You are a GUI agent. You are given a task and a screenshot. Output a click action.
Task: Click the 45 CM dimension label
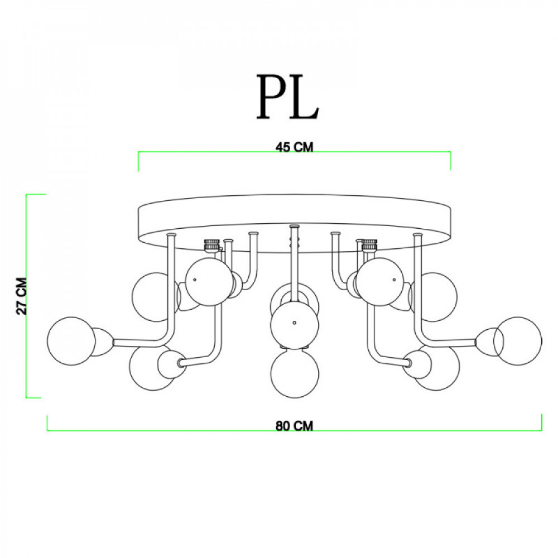[294, 147]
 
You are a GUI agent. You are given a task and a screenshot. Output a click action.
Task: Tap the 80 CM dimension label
[294, 426]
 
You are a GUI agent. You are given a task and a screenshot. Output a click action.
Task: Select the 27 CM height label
[22, 296]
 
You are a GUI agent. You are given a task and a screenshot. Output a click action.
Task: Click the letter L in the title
[303, 97]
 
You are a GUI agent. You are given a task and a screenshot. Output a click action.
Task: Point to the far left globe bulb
[71, 341]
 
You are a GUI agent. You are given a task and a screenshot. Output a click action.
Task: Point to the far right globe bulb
[518, 341]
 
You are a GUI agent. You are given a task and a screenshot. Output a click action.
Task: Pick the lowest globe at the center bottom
[295, 374]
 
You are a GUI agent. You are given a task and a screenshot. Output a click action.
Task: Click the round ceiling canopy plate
[294, 224]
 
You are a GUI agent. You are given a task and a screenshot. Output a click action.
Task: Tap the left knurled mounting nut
[211, 245]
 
